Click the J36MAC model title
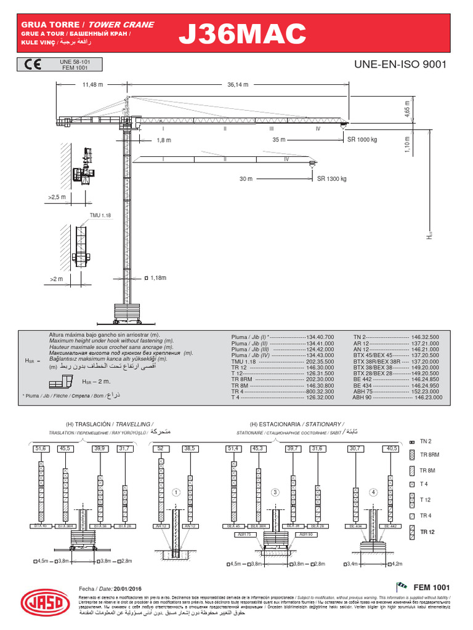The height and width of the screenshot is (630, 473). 241,35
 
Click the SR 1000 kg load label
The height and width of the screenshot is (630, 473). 362,140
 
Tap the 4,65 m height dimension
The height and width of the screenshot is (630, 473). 407,109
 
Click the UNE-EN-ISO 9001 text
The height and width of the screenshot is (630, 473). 400,64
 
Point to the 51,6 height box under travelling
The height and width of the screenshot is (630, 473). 41,449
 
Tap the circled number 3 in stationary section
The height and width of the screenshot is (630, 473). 275,492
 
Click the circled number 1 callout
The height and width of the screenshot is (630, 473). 176,492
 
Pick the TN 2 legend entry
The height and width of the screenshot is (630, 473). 426,441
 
